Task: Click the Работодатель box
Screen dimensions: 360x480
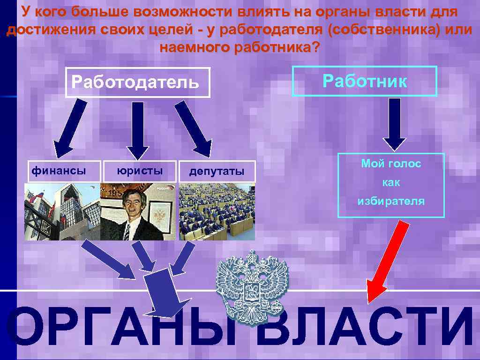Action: (137, 83)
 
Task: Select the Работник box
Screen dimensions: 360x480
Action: (364, 82)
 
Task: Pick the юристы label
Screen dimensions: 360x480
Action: (140, 171)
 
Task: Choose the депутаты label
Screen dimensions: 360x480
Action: (217, 172)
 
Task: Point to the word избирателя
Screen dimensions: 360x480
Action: (391, 202)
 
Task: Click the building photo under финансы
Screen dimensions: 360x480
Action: (62, 211)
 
